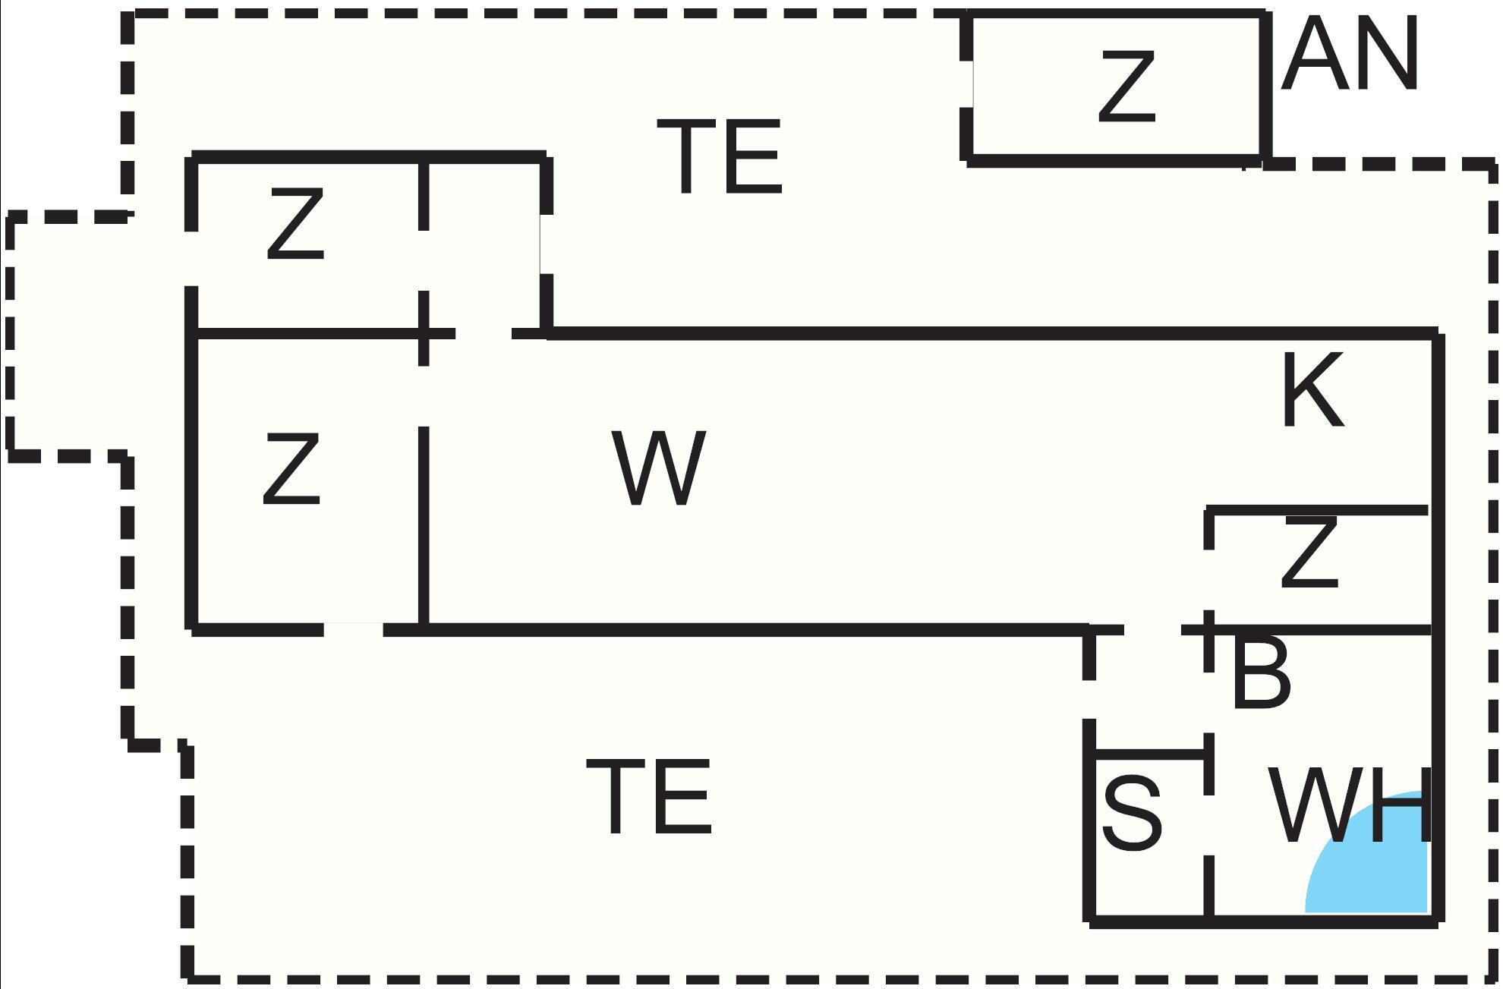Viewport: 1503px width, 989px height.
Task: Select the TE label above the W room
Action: (x=719, y=156)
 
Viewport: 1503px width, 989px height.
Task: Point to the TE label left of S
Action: (x=649, y=797)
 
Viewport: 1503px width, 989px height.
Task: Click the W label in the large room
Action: (x=659, y=468)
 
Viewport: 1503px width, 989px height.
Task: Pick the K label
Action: (x=1312, y=392)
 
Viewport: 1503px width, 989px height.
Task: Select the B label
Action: (x=1260, y=672)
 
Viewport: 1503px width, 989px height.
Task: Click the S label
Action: (x=1131, y=812)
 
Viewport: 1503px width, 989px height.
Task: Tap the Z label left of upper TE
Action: (x=295, y=225)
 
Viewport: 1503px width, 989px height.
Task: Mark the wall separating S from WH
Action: (x=1208, y=888)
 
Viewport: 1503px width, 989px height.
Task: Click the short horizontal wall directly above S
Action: (x=1149, y=754)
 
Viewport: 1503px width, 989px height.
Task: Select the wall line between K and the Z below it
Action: (x=1317, y=510)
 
